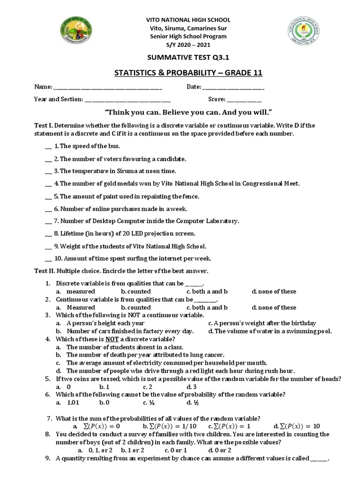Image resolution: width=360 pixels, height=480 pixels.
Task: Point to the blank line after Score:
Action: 244,100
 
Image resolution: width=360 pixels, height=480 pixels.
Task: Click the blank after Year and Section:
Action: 127,100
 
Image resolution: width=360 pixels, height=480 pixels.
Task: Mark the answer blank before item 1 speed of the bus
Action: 48,147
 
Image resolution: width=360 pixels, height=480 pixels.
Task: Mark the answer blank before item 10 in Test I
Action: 48,258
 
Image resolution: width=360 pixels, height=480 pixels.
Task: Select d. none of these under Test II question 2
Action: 274,307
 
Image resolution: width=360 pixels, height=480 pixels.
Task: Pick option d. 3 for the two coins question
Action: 192,387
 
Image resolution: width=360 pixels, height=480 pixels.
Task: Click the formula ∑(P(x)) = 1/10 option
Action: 170,427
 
